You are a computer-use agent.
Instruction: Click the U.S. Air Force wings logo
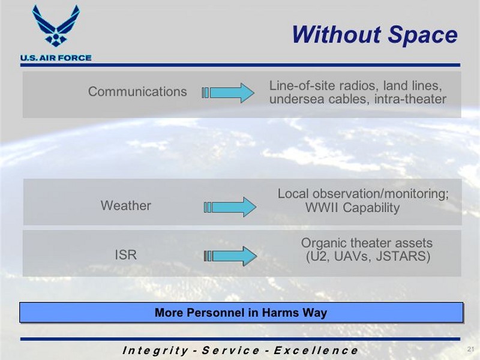[56, 26]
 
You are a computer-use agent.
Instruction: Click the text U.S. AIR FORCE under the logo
[56, 58]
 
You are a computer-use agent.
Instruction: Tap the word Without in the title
[337, 34]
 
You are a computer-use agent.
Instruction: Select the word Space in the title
[423, 35]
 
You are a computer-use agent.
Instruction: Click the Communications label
[137, 92]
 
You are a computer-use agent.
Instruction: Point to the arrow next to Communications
[228, 93]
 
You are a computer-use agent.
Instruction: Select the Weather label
[126, 205]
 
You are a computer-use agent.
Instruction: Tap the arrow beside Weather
[230, 207]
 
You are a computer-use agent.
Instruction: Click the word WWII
[322, 208]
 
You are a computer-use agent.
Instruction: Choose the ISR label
[125, 254]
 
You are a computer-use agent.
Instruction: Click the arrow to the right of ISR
[230, 256]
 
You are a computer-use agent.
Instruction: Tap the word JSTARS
[403, 256]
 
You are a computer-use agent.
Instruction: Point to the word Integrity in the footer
[155, 350]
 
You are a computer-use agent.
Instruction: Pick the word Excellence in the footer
[316, 350]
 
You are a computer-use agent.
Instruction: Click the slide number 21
[471, 349]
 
